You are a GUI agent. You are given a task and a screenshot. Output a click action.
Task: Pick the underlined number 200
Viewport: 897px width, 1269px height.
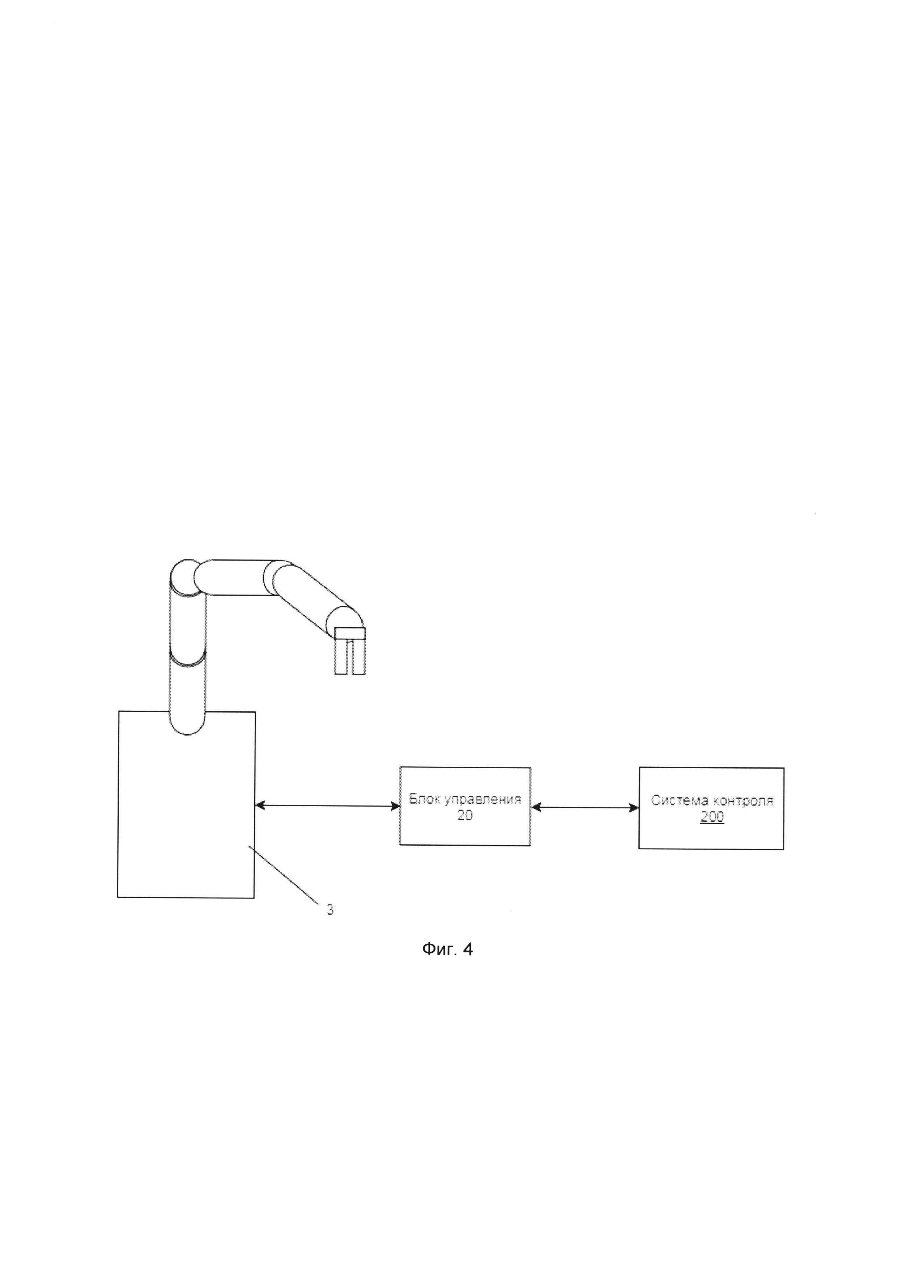[711, 817]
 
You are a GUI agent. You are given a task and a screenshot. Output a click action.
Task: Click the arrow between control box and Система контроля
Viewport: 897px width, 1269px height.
[584, 808]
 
